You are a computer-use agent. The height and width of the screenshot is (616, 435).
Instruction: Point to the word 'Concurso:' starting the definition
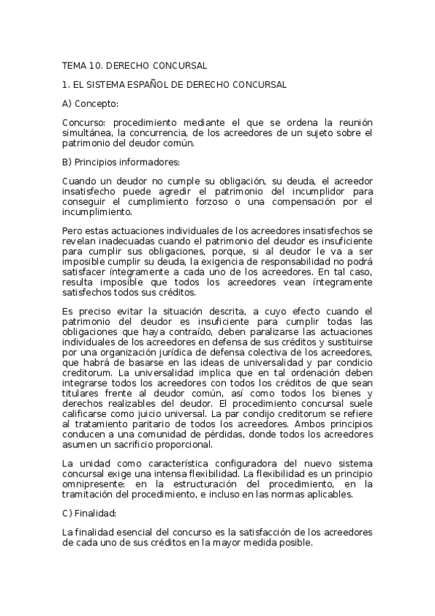tap(83, 123)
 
